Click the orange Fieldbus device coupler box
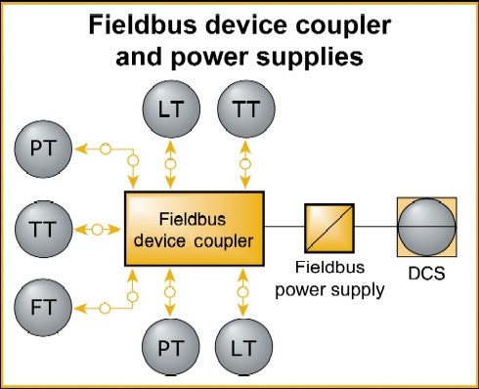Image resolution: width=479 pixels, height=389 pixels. point(194,229)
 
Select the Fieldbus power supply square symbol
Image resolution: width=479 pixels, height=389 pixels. point(328,228)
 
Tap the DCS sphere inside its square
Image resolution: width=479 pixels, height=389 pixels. point(426,227)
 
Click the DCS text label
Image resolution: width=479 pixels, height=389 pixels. point(426,274)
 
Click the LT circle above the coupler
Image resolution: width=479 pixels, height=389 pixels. point(171,110)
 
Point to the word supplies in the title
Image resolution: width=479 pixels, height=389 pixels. point(305,56)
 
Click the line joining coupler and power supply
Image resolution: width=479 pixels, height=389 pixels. point(284,228)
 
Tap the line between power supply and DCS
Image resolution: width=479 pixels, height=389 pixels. point(375,228)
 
